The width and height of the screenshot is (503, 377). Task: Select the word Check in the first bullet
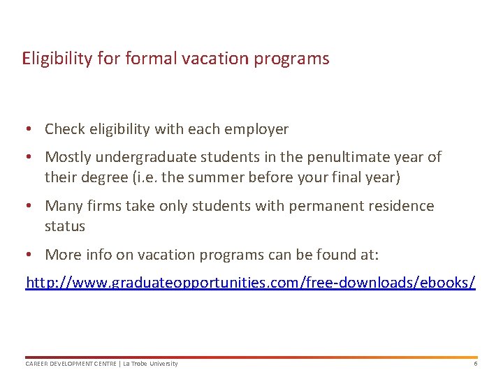point(64,129)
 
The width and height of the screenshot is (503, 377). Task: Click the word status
point(65,226)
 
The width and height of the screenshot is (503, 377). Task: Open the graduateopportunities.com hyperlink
point(250,283)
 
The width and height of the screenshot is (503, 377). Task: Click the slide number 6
point(475,364)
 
